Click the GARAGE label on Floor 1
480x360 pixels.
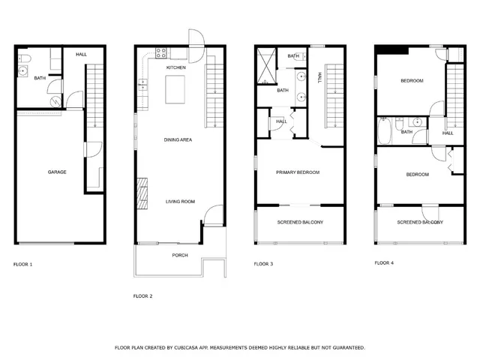[57, 172]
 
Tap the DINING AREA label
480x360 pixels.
[179, 140]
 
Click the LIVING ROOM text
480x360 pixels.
[180, 201]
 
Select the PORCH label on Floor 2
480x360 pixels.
[179, 255]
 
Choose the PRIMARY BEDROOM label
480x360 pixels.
[298, 172]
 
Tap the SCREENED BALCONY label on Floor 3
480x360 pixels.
[300, 223]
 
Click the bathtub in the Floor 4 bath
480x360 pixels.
[384, 133]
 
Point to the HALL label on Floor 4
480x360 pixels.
[448, 133]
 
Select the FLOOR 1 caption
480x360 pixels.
[23, 264]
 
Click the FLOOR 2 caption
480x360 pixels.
[142, 296]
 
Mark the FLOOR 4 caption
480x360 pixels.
[383, 263]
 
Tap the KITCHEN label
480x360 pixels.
[175, 67]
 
